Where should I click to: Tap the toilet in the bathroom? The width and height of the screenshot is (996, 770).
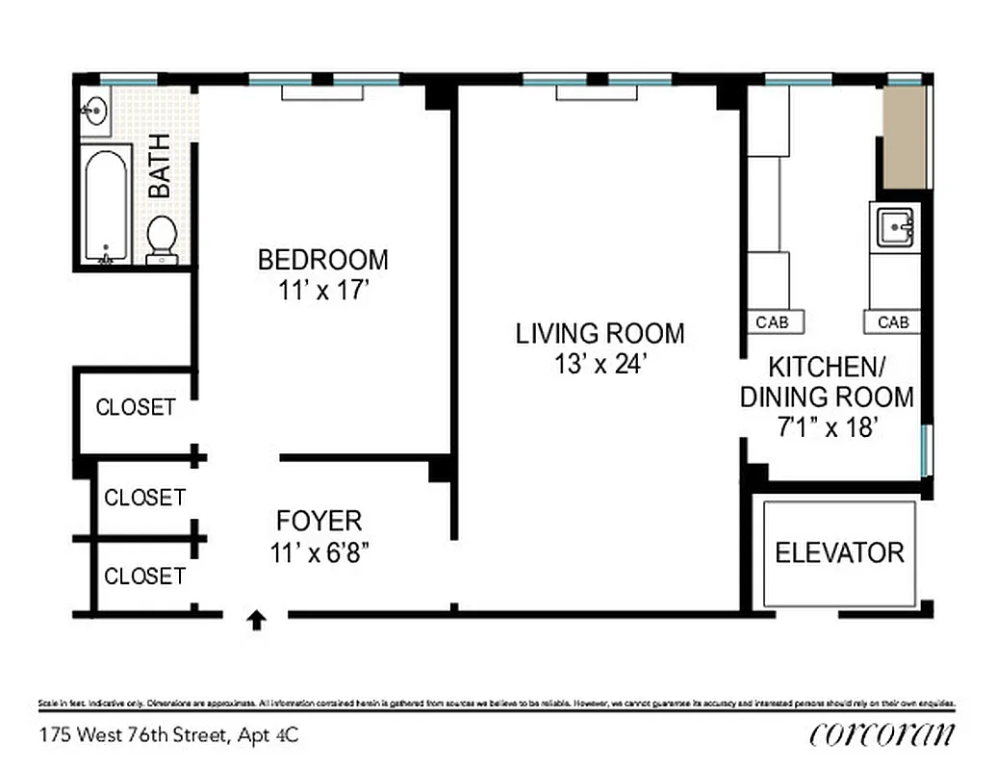(162, 239)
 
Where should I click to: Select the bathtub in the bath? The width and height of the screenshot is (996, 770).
(106, 204)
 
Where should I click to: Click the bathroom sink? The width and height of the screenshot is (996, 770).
(96, 112)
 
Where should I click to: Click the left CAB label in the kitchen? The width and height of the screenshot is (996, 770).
(772, 322)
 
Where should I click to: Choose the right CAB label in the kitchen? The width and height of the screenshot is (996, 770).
(893, 322)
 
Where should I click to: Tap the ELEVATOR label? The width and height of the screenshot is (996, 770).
(839, 553)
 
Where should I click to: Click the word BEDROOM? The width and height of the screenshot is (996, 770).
(323, 260)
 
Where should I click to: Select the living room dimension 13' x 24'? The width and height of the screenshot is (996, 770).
(600, 366)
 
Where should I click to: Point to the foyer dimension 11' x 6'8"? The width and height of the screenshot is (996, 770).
(319, 554)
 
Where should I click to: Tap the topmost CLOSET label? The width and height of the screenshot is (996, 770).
(136, 407)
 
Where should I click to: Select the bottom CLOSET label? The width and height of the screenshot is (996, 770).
(144, 577)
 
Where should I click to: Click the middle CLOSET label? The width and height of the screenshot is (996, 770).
(144, 498)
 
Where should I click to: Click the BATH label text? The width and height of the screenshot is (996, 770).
(160, 166)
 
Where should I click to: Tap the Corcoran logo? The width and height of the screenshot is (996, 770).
(882, 734)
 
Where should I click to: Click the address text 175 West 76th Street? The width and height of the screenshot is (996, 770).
(134, 736)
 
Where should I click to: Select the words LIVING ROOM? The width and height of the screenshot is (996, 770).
(600, 334)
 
